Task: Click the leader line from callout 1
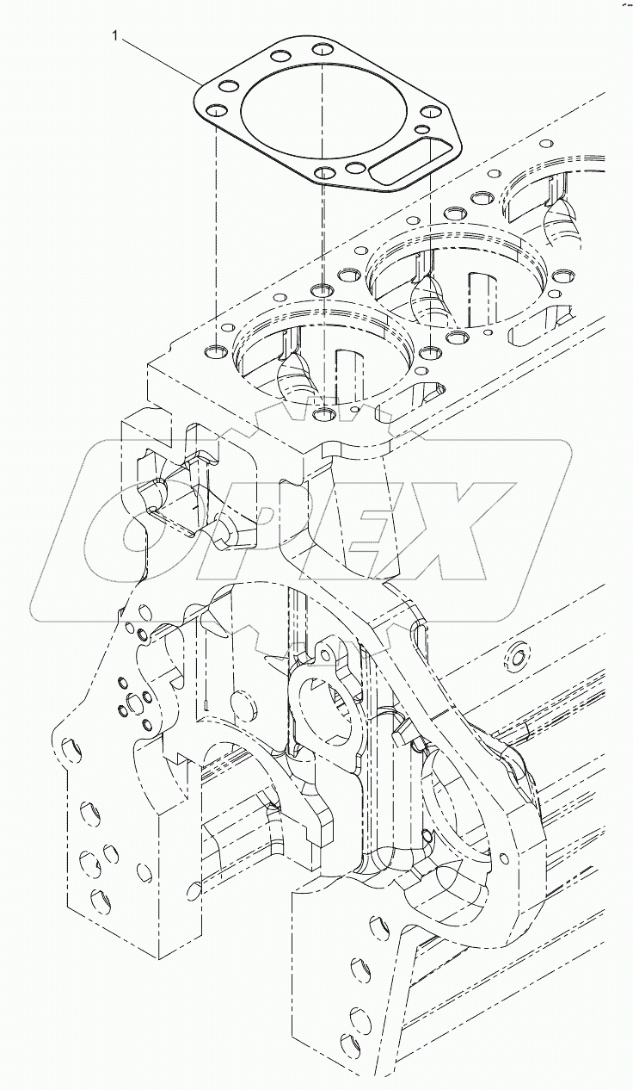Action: [x=159, y=59]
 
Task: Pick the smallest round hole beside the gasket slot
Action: [x=421, y=130]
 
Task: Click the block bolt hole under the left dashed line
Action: [x=216, y=351]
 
